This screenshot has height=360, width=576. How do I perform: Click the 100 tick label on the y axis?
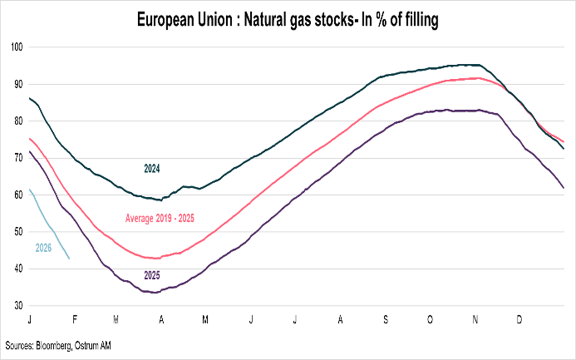17,47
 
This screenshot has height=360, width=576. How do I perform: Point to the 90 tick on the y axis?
18,84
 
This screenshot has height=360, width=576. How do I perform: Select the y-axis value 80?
18,121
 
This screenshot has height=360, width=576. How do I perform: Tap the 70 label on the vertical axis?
18,158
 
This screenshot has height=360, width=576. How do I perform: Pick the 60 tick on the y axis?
18,195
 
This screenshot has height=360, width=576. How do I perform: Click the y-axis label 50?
18,232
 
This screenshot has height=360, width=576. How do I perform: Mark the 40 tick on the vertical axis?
18,269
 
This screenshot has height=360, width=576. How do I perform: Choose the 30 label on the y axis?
18,306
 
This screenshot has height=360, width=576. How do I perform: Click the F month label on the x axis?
75,320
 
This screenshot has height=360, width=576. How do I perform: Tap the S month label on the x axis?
385,320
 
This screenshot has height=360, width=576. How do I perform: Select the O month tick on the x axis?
430,320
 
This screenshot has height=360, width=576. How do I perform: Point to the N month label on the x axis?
475,320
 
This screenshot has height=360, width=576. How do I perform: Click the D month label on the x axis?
519,320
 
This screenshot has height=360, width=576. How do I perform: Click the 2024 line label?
152,169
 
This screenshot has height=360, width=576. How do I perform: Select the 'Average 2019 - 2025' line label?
160,218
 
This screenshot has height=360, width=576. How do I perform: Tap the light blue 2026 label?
43,248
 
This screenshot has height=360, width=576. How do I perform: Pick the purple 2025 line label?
152,275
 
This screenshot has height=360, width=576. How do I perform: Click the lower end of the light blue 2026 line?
69,258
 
